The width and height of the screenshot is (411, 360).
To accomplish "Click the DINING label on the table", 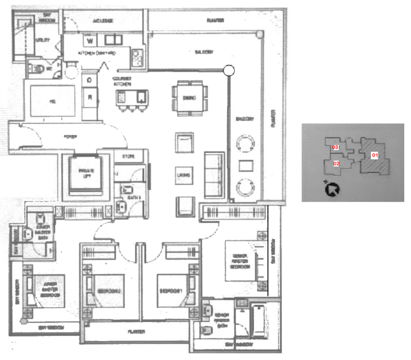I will point(189,98).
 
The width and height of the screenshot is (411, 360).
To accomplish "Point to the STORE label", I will point(128,156).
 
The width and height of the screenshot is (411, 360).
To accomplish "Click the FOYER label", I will point(71,137).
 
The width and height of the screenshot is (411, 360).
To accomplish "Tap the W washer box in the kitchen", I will point(90,40).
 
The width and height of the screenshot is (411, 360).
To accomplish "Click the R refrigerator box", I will point(90,97).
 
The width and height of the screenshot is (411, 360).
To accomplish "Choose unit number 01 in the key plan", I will point(375,155).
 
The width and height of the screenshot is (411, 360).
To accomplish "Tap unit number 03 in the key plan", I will point(336,147).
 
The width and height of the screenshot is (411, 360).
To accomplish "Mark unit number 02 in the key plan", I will point(337,164).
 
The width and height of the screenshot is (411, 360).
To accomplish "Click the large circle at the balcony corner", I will point(230,71).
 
